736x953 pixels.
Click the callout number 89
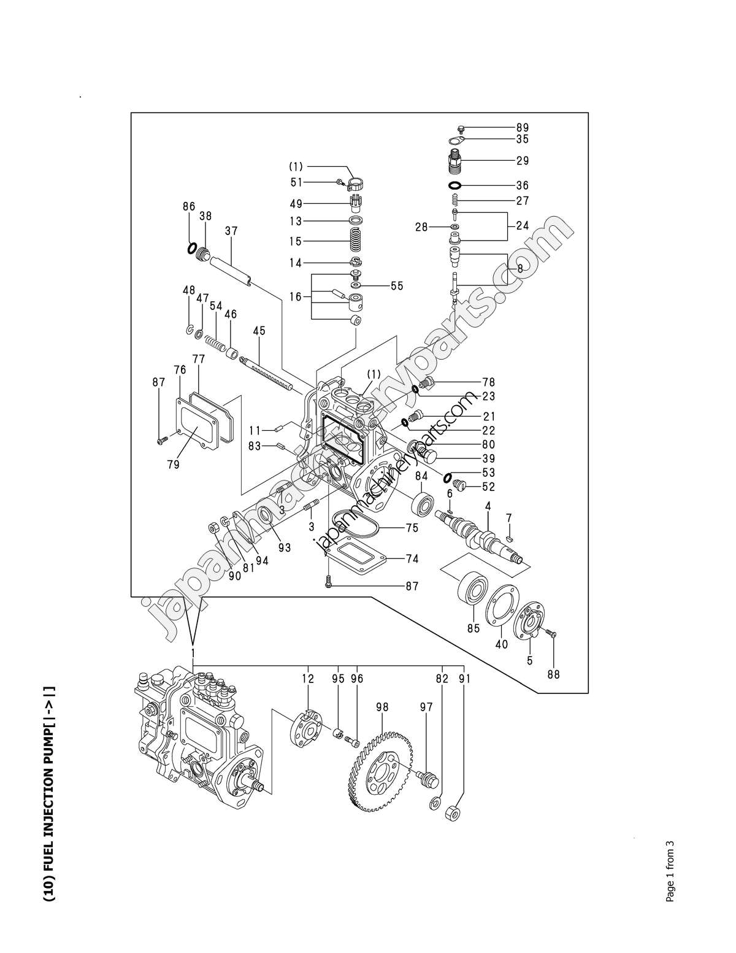point(522,128)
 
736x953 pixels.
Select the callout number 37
point(231,231)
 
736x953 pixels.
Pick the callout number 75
point(412,527)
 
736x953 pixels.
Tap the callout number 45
point(259,331)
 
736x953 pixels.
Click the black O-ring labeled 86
point(192,249)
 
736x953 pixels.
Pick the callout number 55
point(397,286)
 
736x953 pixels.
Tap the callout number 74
point(412,558)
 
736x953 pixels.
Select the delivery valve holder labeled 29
point(454,161)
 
